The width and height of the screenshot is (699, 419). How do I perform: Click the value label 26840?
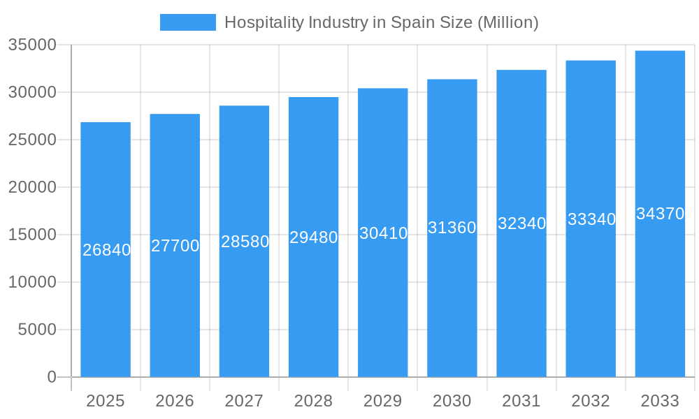[106, 250]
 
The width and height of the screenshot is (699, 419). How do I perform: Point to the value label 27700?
[175, 246]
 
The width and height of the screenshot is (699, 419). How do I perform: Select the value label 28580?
[245, 242]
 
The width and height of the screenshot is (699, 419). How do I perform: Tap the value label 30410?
[383, 233]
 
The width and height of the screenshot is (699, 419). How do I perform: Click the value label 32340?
[521, 223]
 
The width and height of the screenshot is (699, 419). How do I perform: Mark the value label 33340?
[591, 219]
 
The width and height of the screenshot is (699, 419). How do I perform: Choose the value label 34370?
[660, 214]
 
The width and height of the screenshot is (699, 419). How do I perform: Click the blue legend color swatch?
[187, 22]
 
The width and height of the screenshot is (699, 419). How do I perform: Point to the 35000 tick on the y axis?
[32, 45]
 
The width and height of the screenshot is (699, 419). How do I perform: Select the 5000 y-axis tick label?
[37, 330]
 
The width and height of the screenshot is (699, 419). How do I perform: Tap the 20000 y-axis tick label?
[32, 187]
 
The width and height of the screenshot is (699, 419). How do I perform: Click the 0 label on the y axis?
[52, 377]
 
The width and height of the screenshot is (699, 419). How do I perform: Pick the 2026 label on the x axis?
[175, 401]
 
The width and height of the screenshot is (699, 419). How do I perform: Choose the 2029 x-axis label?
[383, 401]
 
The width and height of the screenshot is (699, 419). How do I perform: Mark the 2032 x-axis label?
[591, 401]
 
